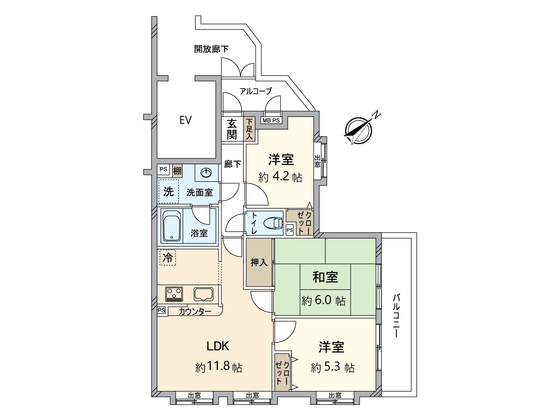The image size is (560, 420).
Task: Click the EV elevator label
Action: pos(185,120)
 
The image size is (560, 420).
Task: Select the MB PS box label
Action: pos(271,120)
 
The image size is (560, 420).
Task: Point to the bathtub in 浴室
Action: pos(171,226)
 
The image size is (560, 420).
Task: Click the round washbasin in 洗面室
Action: pos(206,173)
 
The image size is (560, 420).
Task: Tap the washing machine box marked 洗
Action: pos(168,191)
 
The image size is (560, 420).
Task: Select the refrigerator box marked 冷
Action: pos(168,258)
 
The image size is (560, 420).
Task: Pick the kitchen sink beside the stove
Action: pos(204,294)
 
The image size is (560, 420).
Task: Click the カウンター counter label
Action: pos(195,311)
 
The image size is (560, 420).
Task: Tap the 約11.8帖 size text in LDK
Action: pos(219,367)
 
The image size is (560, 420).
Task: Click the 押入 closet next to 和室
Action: pos(259,262)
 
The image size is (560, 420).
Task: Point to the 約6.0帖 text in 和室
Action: pos(323,301)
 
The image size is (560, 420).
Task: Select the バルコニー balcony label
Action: pos(396,315)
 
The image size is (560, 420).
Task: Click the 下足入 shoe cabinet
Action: pos(249,129)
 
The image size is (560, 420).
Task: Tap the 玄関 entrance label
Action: pos(232,129)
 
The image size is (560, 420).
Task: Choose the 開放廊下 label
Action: pos(211,49)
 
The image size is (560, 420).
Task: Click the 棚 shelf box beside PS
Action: pos(177,171)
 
